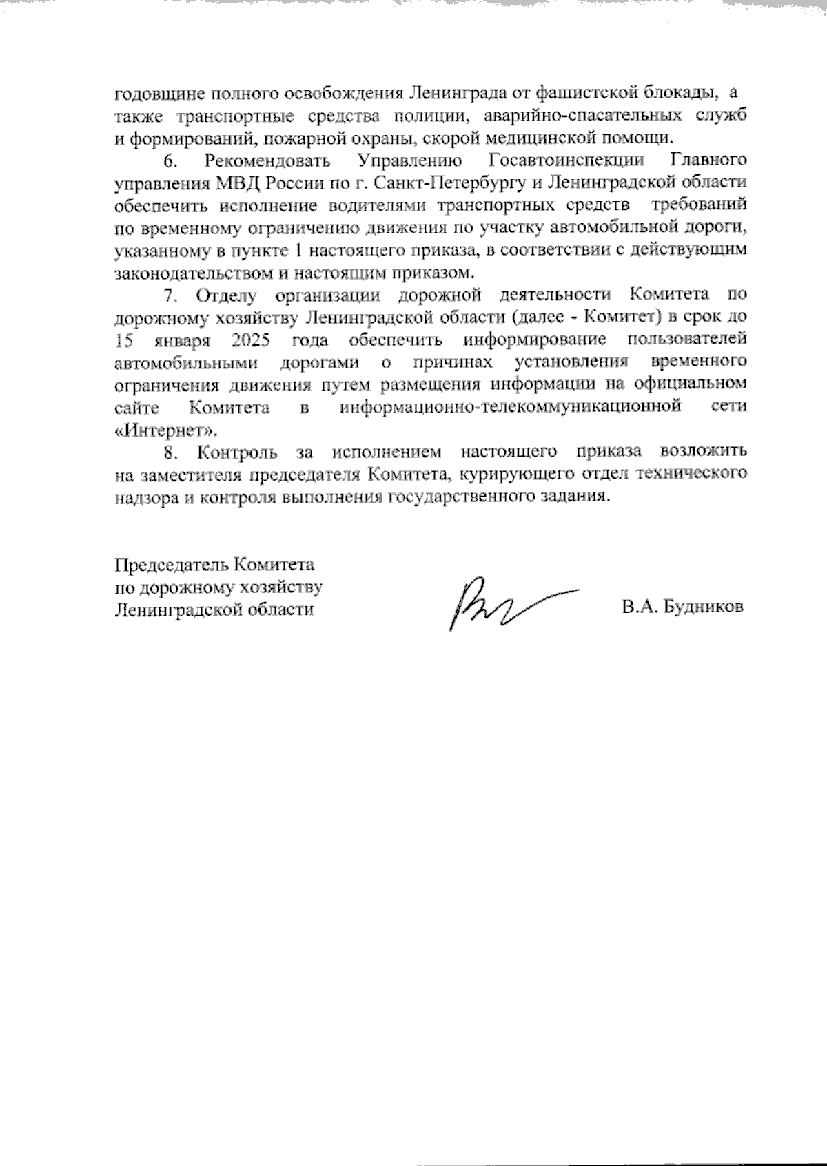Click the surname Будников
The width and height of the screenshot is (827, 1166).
[702, 608]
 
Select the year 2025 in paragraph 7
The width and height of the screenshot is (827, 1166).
[251, 340]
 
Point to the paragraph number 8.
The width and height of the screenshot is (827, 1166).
[170, 452]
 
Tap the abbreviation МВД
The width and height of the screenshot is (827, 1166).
[231, 183]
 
